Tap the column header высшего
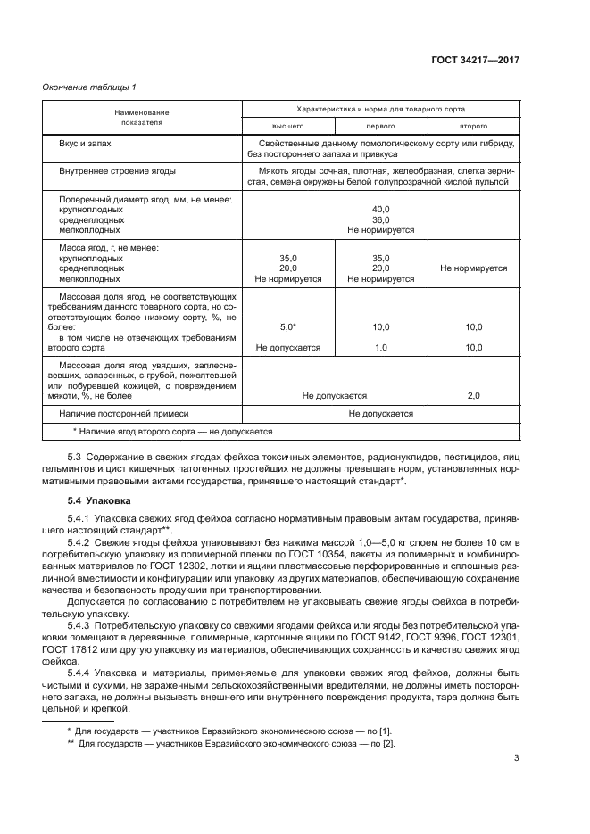[287, 126]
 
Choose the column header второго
[473, 126]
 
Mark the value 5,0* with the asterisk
[287, 327]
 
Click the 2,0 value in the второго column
[473, 394]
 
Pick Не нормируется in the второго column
[473, 268]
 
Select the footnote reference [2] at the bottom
[389, 743]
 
